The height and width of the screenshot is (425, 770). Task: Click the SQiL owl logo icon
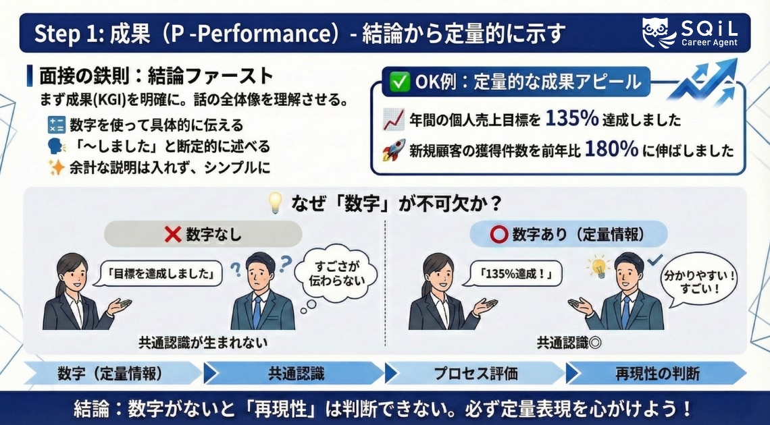[659, 33]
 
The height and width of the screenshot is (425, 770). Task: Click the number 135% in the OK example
[571, 119]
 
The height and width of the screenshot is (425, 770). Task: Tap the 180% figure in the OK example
[612, 149]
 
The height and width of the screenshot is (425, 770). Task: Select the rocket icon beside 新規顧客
[393, 150]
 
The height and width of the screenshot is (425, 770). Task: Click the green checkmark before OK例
[400, 82]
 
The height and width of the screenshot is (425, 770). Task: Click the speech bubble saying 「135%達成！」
[503, 274]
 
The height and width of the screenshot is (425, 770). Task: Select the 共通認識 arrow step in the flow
[294, 373]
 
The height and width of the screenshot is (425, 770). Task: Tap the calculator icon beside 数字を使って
[55, 124]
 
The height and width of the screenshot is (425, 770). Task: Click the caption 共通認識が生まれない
[203, 342]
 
